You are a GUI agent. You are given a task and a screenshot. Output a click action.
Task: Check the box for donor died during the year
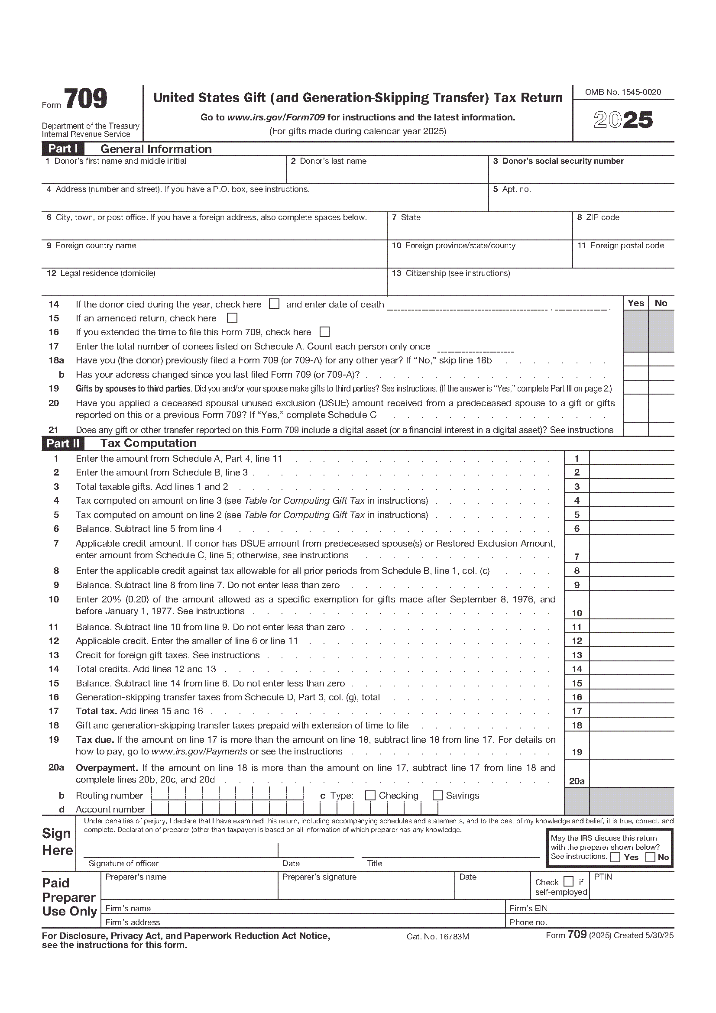tap(274, 304)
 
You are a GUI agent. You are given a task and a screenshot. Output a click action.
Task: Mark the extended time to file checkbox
tap(325, 332)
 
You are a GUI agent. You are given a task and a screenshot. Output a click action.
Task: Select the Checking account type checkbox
tap(370, 796)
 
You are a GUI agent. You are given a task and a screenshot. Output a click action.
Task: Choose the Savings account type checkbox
tap(437, 796)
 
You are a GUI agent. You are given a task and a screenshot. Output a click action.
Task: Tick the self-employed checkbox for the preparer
tap(569, 881)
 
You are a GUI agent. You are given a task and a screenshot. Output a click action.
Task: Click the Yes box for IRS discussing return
tap(616, 857)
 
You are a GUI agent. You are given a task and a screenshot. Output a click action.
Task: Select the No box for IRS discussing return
tap(650, 857)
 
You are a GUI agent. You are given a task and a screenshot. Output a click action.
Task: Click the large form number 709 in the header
tap(86, 99)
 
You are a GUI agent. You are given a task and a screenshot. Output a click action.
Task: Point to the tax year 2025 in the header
tap(623, 120)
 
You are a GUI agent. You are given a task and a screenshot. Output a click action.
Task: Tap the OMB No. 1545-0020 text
tap(623, 92)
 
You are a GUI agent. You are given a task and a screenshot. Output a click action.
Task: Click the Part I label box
tap(63, 149)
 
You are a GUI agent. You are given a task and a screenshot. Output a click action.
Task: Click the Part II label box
tap(63, 443)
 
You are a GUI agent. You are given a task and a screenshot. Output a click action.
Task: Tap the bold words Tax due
tap(95, 740)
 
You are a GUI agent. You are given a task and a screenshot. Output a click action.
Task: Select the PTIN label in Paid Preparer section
tap(603, 877)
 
